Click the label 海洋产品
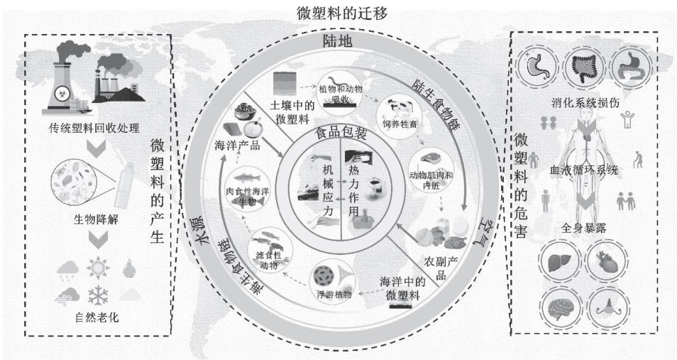click(x=236, y=146)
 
